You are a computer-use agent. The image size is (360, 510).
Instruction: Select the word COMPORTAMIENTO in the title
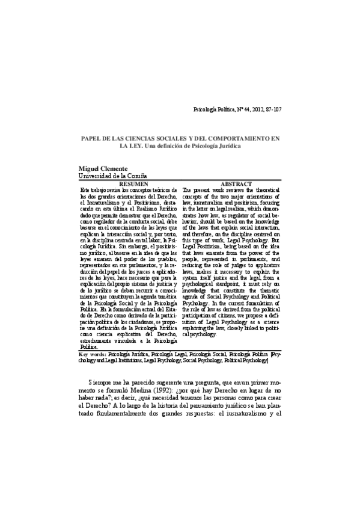click(x=239, y=138)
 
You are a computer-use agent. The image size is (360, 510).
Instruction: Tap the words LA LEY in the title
click(x=132, y=146)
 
